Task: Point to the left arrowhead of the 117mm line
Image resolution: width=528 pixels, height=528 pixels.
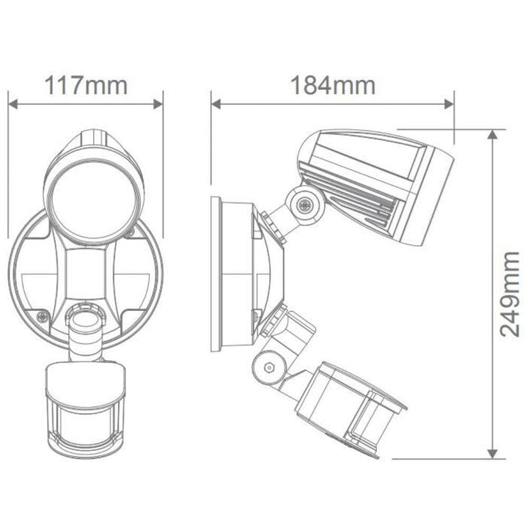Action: [12, 103]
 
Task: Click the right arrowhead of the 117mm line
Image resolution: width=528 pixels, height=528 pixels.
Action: [159, 103]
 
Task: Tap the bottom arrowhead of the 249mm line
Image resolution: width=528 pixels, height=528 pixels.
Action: [492, 455]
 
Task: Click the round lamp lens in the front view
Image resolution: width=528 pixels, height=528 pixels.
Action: [86, 200]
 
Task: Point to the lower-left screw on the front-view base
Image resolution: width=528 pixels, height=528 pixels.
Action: [43, 316]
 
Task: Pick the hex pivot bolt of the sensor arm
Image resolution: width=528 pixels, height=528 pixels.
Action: [269, 366]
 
